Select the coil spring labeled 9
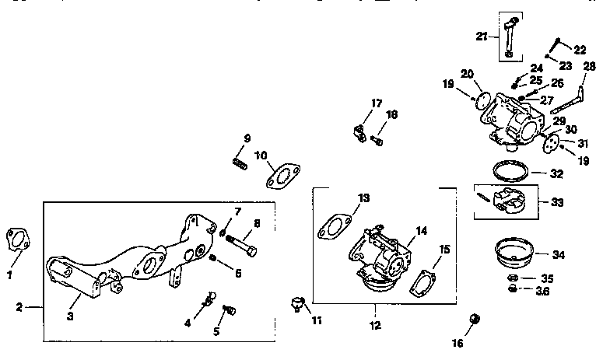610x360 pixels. [x=240, y=163]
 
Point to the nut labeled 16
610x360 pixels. [x=473, y=320]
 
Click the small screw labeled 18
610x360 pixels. [x=378, y=141]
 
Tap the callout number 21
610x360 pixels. [x=482, y=36]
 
